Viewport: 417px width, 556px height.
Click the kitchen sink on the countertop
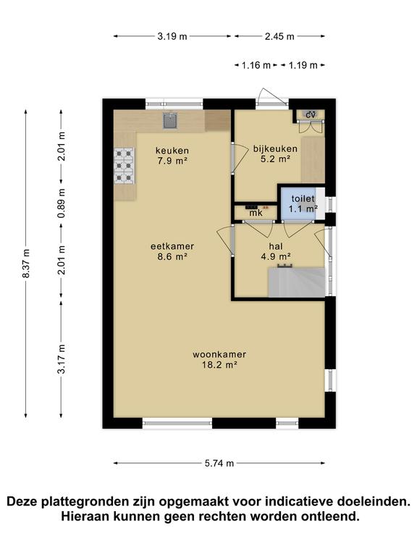tap(170, 121)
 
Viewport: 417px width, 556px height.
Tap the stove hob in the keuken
tap(124, 166)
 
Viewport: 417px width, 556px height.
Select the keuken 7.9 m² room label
tap(172, 156)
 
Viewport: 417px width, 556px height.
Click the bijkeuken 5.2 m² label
tap(275, 153)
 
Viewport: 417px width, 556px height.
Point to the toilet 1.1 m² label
tap(303, 203)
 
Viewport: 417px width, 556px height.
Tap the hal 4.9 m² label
tap(276, 250)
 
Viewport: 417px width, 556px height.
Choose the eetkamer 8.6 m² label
tap(172, 251)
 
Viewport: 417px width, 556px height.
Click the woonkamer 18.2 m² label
tap(219, 359)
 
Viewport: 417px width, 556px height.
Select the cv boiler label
tap(311, 115)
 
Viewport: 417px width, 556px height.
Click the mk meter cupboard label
tap(256, 213)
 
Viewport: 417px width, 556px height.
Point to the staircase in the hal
tap(296, 282)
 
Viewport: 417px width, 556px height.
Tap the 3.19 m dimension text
tap(172, 36)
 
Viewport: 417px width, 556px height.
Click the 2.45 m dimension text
tap(279, 36)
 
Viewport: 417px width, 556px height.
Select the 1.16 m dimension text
tap(256, 65)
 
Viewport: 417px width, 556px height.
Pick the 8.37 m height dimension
tap(26, 263)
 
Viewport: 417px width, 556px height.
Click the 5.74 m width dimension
tap(219, 463)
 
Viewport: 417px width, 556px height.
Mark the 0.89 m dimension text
tap(62, 203)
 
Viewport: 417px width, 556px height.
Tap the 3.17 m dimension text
tap(62, 358)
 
